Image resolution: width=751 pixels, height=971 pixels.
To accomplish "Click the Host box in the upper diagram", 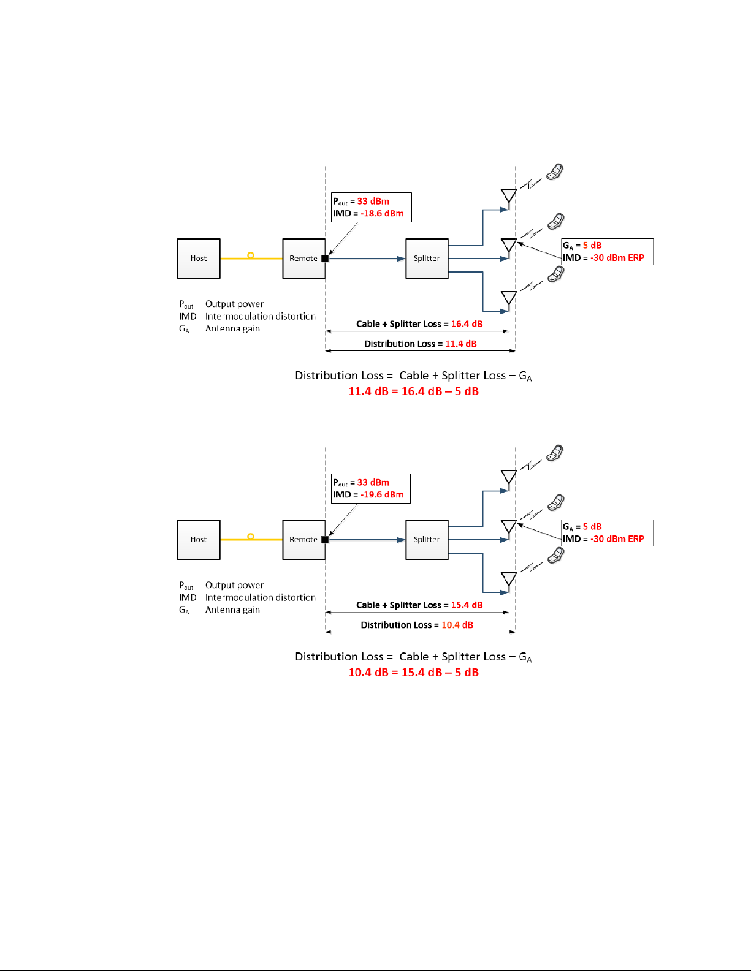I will click(199, 259).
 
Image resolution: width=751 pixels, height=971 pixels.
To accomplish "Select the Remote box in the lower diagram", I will click(303, 540).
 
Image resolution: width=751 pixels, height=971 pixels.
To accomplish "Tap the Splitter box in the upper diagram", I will click(427, 259).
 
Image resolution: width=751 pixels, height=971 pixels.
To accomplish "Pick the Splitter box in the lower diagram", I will click(427, 540).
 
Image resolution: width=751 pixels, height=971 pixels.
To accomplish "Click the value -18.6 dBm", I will click(382, 214).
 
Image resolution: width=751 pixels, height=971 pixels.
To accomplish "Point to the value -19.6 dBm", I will click(382, 495).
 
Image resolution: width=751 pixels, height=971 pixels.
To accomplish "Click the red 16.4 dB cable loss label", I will click(467, 324).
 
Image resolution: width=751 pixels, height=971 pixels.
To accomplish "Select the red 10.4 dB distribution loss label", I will click(457, 625).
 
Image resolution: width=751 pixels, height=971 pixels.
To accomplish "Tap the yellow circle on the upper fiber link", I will click(250, 255).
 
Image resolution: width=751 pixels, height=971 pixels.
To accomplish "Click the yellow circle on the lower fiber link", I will click(250, 537).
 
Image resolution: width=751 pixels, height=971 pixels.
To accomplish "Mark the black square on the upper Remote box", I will click(325, 259).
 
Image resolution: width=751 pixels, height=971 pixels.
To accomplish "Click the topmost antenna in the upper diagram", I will click(508, 195).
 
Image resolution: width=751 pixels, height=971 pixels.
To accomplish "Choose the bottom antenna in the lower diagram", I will click(508, 579).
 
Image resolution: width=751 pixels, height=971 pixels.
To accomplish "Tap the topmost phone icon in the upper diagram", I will click(555, 172).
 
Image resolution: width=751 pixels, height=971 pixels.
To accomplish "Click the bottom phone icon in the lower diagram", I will click(555, 555).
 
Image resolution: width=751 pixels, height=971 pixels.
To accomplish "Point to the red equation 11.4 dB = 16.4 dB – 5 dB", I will click(413, 391).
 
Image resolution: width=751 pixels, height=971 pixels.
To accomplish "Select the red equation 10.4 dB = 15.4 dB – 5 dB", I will click(413, 673).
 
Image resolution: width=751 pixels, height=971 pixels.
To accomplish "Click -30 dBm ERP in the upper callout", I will click(617, 258).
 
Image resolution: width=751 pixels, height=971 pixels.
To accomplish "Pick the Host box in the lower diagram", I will click(199, 540).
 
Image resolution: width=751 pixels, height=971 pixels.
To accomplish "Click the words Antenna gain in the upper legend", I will click(232, 329).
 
